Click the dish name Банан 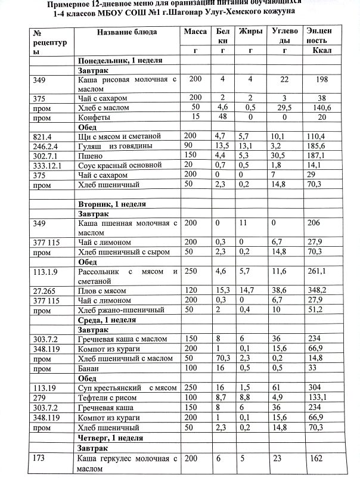pyautogui.click(x=90, y=368)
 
